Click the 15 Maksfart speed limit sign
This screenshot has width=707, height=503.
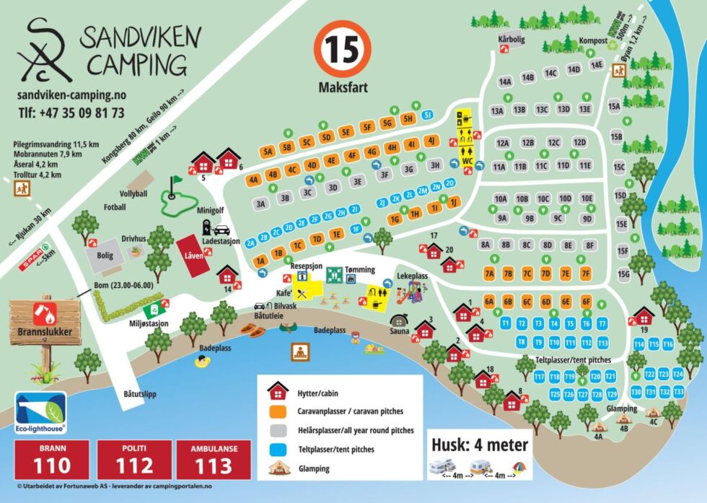(343, 51)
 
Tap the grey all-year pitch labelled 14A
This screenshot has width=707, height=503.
(504, 82)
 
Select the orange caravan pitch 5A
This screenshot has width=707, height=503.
(268, 152)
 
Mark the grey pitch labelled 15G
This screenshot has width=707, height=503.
(624, 274)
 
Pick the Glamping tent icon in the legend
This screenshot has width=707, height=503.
(278, 468)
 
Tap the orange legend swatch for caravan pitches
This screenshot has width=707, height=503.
(278, 411)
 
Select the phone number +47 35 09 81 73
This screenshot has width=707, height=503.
(71, 113)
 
